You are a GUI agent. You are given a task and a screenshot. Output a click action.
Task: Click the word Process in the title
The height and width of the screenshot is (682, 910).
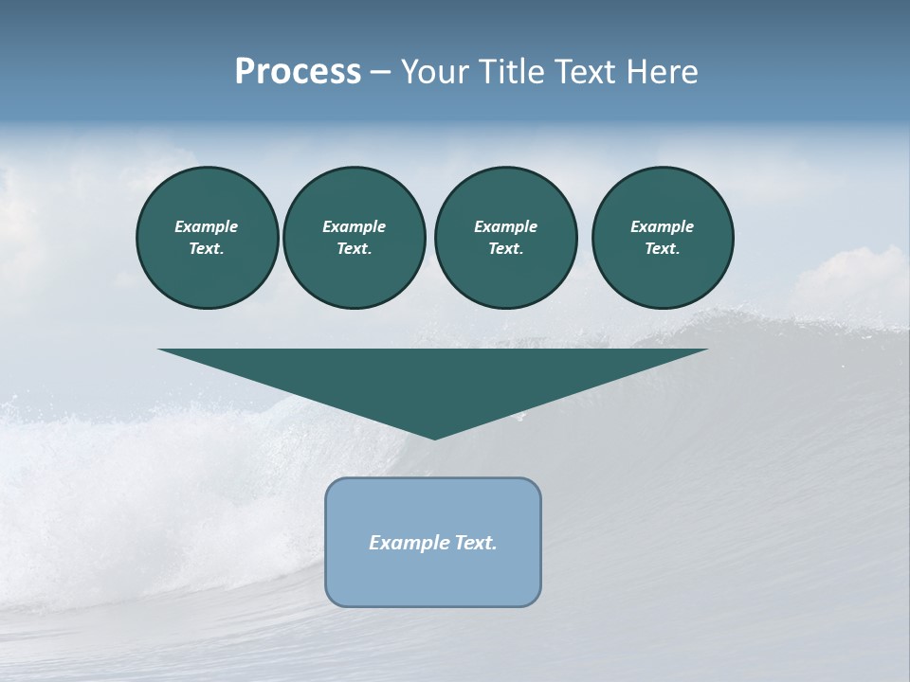pyautogui.click(x=298, y=72)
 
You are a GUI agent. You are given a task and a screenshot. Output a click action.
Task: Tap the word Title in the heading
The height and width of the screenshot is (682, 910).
pyautogui.click(x=513, y=72)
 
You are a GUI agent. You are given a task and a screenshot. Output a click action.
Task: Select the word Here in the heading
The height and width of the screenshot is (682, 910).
pyautogui.click(x=662, y=72)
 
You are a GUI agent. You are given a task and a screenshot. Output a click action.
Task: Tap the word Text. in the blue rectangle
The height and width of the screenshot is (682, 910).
pyautogui.click(x=477, y=543)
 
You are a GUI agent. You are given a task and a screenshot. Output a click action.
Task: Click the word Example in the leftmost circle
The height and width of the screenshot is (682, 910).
pyautogui.click(x=207, y=226)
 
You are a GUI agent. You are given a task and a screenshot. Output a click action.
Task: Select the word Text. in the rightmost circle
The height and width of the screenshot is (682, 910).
pyautogui.click(x=663, y=248)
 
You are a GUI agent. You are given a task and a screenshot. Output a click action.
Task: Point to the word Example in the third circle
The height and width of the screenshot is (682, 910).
pyautogui.click(x=505, y=226)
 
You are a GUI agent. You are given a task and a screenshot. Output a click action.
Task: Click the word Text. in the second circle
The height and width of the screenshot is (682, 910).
pyautogui.click(x=354, y=248)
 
